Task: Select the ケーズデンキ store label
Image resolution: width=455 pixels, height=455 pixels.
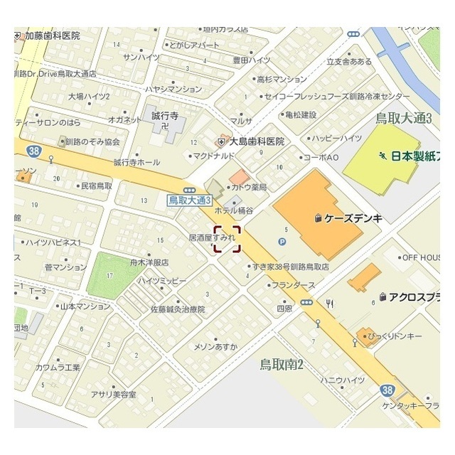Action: point(353,218)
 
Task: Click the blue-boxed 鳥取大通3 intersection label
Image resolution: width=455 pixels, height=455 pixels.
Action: point(191,200)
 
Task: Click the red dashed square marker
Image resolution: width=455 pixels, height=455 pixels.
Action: point(227,239)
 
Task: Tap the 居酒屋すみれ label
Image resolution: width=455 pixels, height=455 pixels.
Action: point(211,236)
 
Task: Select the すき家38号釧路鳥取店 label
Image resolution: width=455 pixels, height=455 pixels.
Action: point(290,267)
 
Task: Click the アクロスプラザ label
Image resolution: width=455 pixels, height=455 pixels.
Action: point(416,298)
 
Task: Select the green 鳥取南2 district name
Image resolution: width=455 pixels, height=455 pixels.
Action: point(282,365)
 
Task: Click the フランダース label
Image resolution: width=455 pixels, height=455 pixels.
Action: point(293,285)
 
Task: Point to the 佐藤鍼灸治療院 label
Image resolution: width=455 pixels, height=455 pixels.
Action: point(177,310)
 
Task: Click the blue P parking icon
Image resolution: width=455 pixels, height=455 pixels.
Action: point(282,242)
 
